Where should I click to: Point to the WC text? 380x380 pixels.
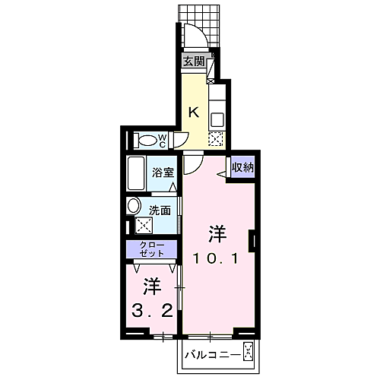coord(163,140)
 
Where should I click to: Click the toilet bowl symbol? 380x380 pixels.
coord(143,140)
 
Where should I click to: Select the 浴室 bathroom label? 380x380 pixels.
coord(162,173)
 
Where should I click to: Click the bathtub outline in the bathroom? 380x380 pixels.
coord(138,174)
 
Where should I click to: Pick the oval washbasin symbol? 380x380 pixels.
coord(134,206)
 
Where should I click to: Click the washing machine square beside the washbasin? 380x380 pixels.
coord(143,226)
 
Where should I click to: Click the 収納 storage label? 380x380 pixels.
coord(243,166)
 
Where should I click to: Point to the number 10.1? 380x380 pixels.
coord(217,258)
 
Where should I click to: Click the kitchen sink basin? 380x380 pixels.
coord(217,119)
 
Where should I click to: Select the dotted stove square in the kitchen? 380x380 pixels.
coord(216,139)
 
